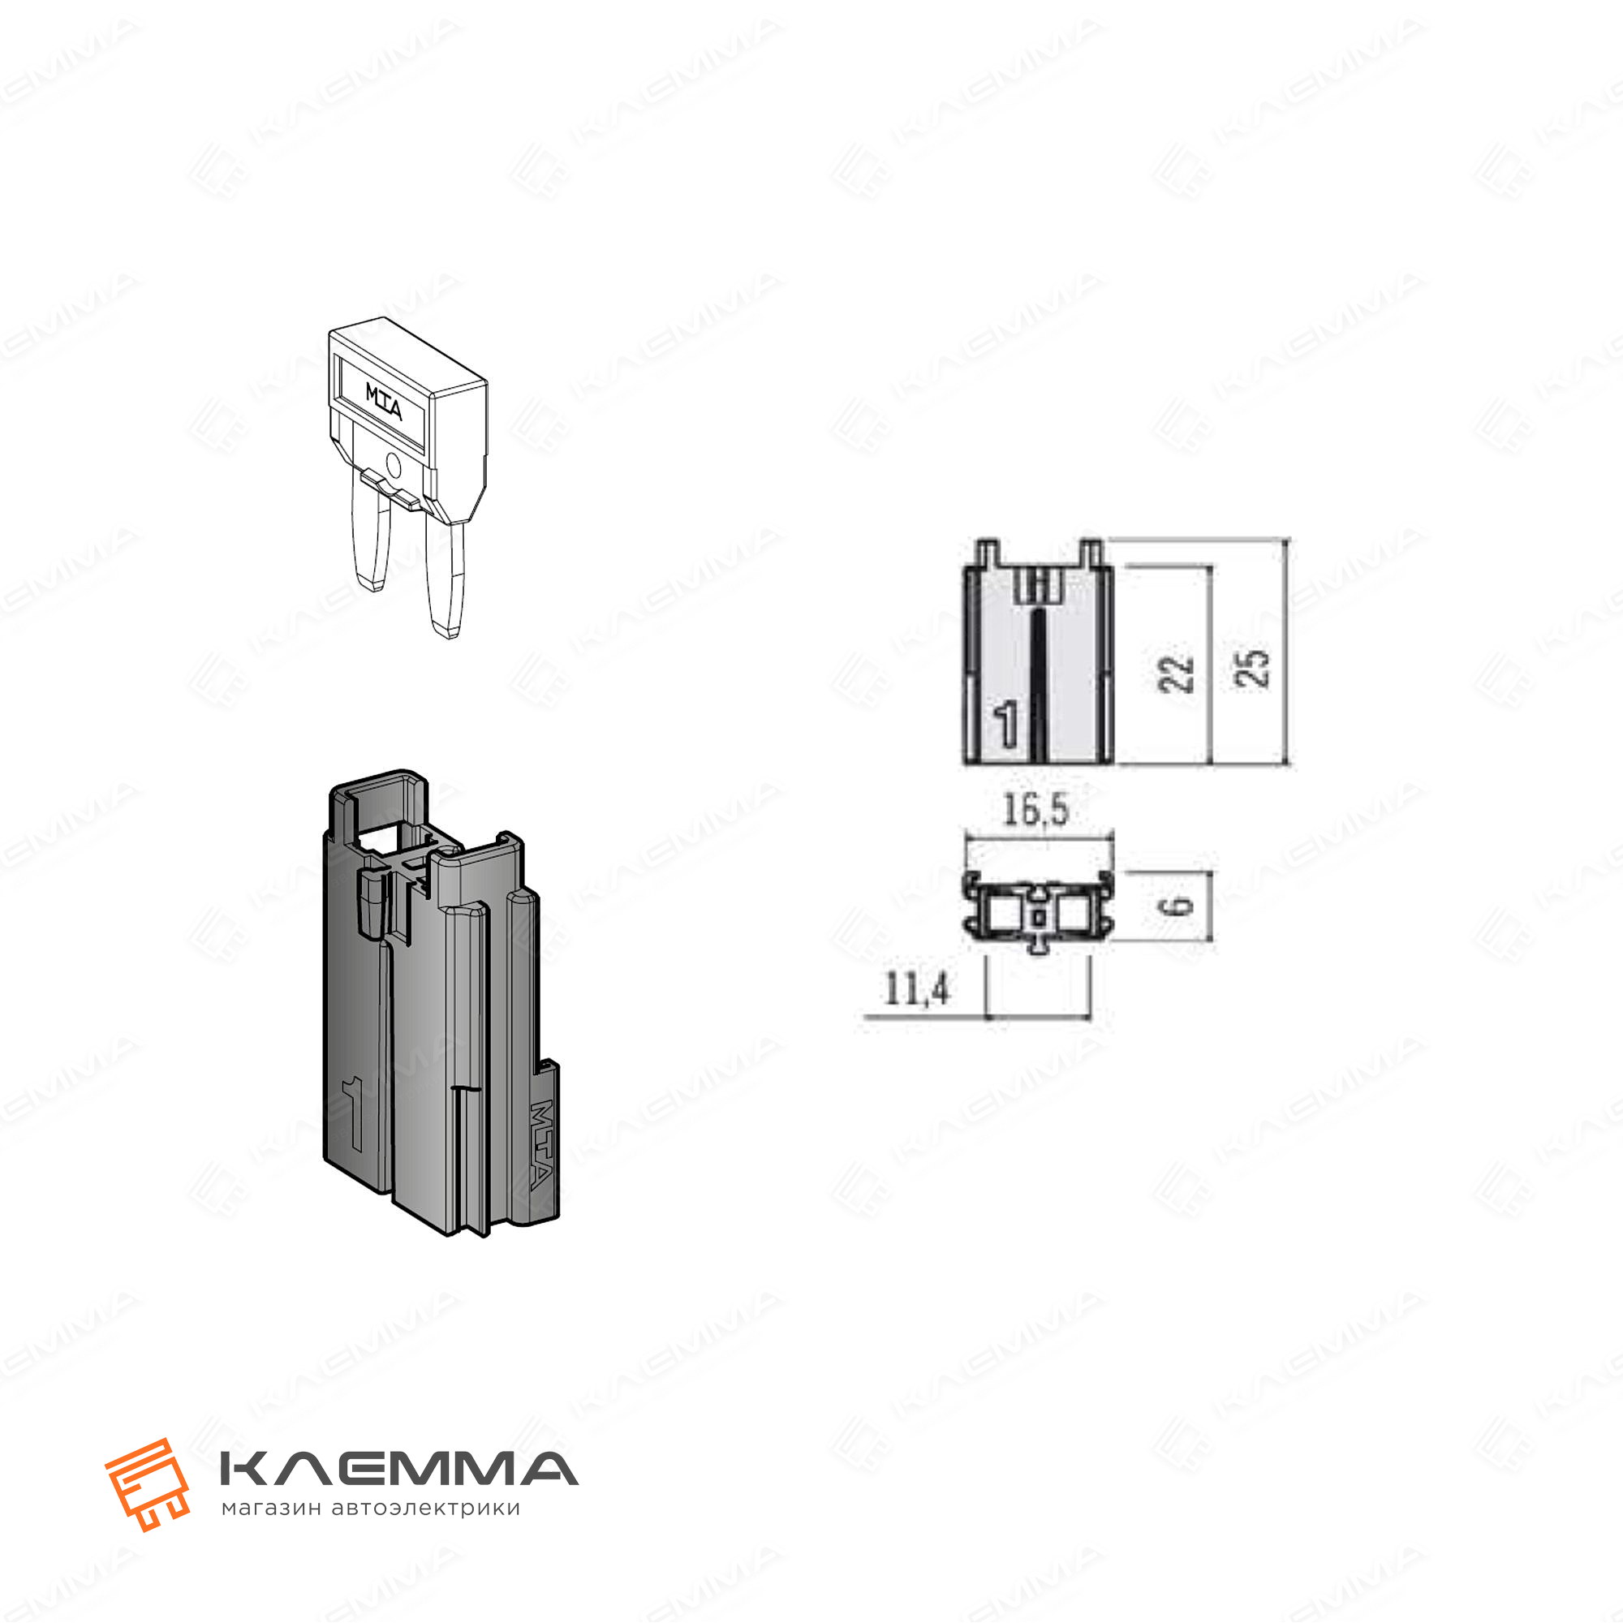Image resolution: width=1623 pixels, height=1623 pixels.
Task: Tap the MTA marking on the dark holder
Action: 541,1144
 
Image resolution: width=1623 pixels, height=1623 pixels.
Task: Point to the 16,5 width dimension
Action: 1035,811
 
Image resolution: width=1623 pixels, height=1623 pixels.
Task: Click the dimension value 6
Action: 1180,905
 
